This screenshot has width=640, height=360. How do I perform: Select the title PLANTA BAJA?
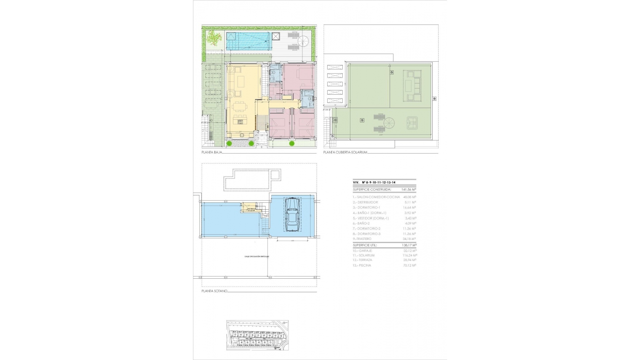[x=211, y=152]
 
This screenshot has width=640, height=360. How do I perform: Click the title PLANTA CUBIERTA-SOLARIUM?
[x=345, y=152]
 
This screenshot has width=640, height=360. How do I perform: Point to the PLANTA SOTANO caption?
[x=214, y=291]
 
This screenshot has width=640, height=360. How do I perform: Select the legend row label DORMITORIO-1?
[x=367, y=208]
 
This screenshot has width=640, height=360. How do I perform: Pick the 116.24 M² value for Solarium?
[x=409, y=255]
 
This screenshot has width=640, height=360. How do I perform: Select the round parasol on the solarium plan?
[x=389, y=124]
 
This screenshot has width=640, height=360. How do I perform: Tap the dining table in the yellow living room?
[x=240, y=107]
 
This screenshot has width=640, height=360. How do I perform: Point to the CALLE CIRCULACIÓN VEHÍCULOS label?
[x=257, y=257]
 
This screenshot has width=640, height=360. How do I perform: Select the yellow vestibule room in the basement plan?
[x=249, y=208]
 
